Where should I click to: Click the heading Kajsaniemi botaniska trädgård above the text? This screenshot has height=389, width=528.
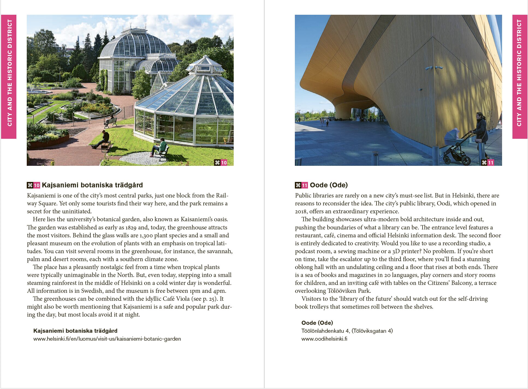coord(92,185)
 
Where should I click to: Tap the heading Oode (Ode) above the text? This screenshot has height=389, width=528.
coord(329,185)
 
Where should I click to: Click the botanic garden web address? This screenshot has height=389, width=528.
coord(107,339)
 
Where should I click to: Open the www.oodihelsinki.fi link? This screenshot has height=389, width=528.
coord(324,339)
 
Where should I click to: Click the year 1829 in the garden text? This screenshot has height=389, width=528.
coord(131,227)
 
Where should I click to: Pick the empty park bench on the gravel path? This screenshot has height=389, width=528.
coord(110,122)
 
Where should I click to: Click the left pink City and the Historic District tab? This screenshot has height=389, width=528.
coord(9,76)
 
